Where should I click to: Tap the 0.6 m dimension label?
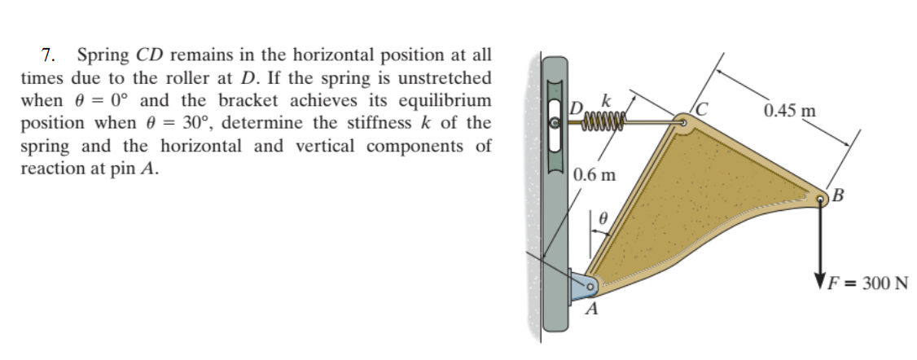point(595,174)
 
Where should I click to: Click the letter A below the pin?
point(593,310)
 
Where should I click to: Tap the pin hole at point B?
point(821,196)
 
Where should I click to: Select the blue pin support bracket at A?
point(581,286)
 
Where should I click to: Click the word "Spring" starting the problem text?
point(103,56)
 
